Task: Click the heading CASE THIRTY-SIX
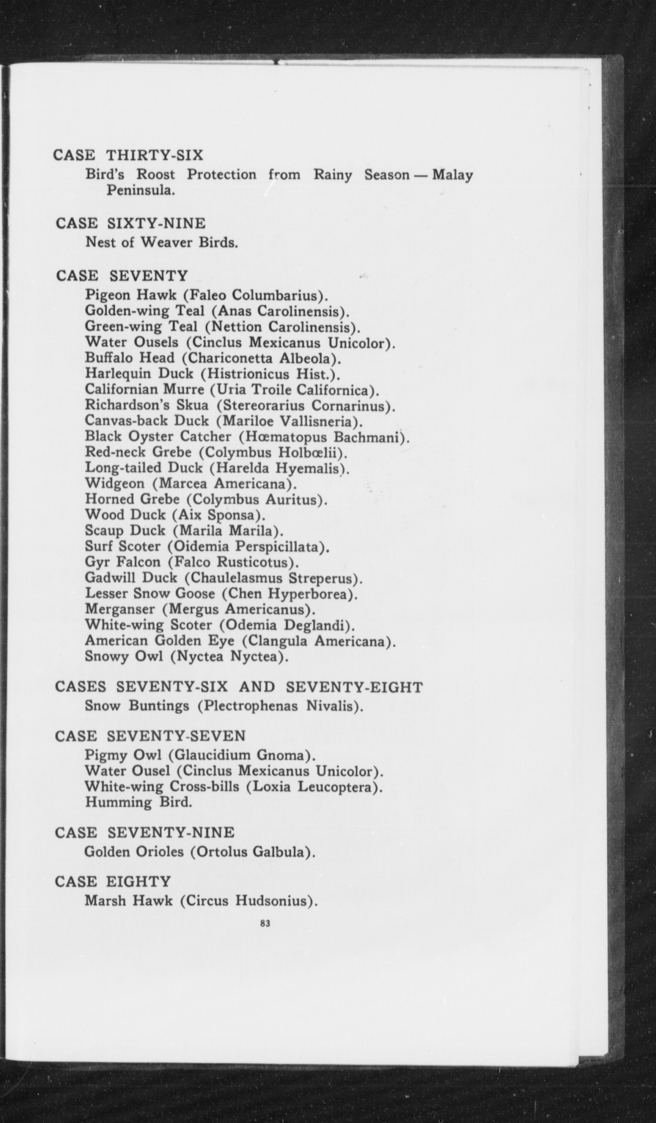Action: (x=128, y=156)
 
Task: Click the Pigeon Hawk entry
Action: (x=207, y=295)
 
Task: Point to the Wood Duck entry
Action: (x=175, y=515)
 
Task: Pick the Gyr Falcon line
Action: (x=192, y=562)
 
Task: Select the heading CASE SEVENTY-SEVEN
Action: (x=150, y=736)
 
